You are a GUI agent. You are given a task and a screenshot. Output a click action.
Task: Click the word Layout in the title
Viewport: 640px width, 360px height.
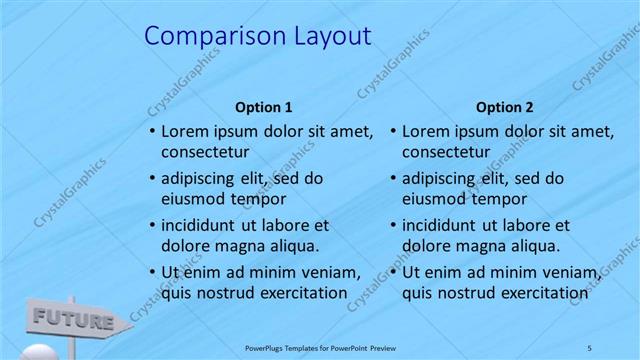click(x=323, y=37)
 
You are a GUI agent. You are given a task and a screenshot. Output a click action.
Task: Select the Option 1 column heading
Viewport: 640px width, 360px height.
click(x=263, y=107)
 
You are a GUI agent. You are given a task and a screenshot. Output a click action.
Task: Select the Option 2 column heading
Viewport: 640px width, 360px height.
click(x=504, y=107)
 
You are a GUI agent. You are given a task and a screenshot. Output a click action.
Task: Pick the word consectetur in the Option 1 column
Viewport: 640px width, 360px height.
click(x=205, y=152)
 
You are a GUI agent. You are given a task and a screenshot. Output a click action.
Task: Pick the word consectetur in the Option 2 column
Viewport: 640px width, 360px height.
click(x=446, y=152)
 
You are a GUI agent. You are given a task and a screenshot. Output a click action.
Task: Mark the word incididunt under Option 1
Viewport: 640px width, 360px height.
click(x=203, y=225)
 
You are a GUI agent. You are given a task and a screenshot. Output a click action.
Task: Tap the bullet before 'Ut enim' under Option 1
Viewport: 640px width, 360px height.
click(x=151, y=272)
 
